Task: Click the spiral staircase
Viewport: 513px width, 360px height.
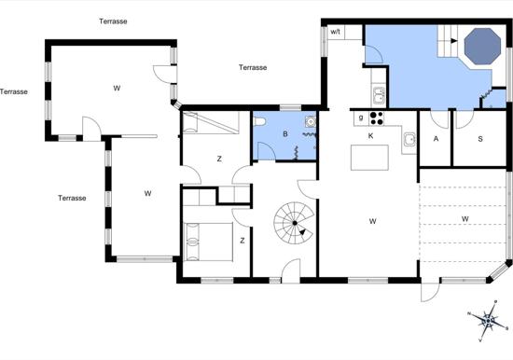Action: (x=294, y=223)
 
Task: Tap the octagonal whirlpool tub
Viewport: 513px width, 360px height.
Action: (x=482, y=46)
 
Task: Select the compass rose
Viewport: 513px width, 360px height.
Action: (x=488, y=321)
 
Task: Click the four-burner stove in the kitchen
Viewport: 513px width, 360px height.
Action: (x=376, y=118)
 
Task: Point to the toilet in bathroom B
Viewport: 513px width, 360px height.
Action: (x=259, y=122)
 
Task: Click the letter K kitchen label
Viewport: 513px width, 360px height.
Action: (x=370, y=136)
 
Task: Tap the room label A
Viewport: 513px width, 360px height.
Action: (x=436, y=139)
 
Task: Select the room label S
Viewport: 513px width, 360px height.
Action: (x=480, y=139)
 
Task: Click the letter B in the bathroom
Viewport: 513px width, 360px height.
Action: (x=285, y=134)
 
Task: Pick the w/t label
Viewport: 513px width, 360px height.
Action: (x=336, y=32)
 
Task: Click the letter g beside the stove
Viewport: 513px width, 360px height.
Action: (x=361, y=118)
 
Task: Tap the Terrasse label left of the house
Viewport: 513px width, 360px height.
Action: (x=14, y=91)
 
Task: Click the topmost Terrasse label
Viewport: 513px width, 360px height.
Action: (x=113, y=21)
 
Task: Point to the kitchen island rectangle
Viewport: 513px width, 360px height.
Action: (x=369, y=158)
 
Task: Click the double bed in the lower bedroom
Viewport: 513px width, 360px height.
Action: (x=208, y=242)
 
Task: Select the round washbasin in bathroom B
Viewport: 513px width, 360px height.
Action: (x=311, y=122)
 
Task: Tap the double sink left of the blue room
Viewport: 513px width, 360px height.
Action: (x=380, y=95)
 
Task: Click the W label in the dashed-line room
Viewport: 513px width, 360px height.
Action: (x=464, y=218)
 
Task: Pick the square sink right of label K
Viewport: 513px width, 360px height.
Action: (x=409, y=140)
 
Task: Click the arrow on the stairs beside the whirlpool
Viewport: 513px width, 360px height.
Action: (x=453, y=41)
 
